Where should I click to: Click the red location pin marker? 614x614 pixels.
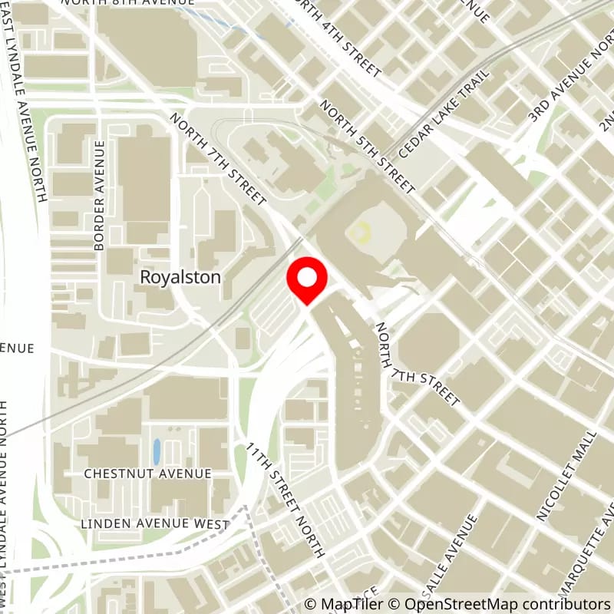click(307, 280)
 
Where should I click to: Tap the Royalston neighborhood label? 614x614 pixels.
click(180, 277)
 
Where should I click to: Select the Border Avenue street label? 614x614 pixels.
click(99, 196)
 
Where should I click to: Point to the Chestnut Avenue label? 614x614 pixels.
click(147, 474)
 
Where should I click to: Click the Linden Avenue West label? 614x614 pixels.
click(154, 524)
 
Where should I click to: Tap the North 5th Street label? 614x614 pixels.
click(368, 147)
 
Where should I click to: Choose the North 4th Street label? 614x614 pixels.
click(338, 38)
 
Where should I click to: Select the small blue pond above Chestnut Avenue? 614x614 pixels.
click(157, 451)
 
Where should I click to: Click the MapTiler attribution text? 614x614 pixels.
click(338, 604)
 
